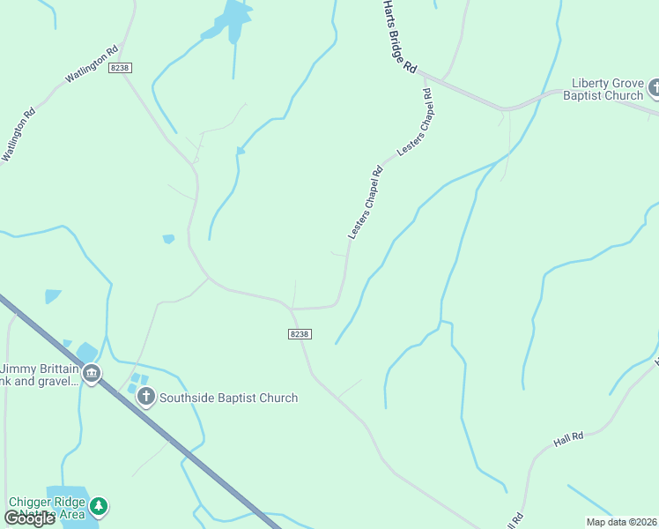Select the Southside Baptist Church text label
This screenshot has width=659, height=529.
point(228,398)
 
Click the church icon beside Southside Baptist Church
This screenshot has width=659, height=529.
point(146,397)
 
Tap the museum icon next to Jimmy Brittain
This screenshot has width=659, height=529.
point(91,375)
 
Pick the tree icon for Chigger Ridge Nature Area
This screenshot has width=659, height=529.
point(100,506)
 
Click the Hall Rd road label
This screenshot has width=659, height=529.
point(569,437)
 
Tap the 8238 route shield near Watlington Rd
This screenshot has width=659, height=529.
point(120,68)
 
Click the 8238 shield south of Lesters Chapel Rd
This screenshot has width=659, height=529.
point(300,333)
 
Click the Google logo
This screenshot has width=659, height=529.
point(28,518)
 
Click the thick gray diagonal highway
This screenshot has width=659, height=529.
point(176,441)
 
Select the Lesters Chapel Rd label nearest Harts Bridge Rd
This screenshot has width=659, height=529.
point(416,123)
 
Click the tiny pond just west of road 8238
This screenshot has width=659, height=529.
point(168,239)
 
